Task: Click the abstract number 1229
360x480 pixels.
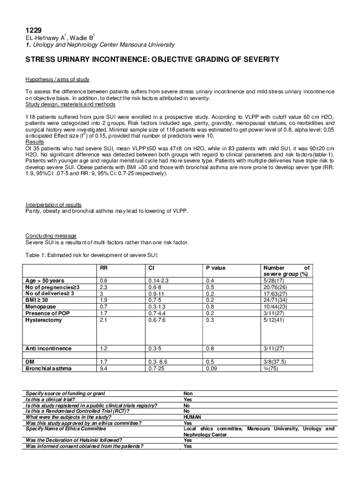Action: tap(33, 30)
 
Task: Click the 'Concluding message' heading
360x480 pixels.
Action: tap(50, 235)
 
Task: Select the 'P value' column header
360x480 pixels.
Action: tap(217, 267)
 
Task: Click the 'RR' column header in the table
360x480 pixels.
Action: tap(104, 267)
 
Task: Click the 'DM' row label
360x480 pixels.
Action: tap(30, 361)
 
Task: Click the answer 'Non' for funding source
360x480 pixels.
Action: tap(188, 393)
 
